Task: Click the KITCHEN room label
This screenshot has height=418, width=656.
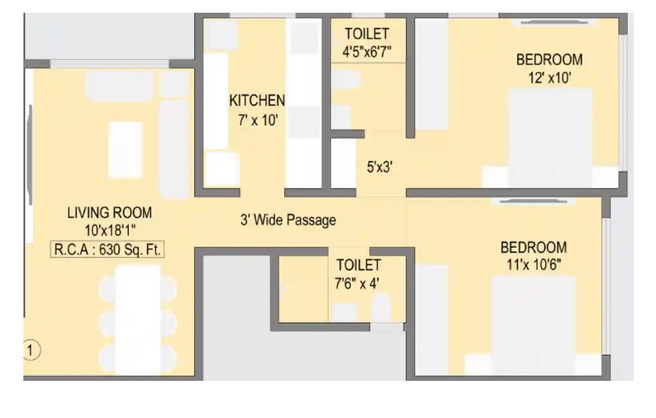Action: [257, 100]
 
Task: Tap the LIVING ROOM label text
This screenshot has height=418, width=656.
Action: [109, 213]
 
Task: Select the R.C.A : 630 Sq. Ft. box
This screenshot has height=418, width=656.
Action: [107, 250]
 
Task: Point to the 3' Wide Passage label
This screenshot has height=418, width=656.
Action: [288, 220]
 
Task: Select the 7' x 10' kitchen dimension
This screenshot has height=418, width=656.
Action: [257, 120]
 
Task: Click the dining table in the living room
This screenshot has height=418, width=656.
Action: [138, 318]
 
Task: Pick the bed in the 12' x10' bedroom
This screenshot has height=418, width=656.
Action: [550, 138]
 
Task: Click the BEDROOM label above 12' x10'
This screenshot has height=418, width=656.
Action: [549, 59]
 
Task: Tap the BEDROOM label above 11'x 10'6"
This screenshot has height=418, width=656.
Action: [533, 248]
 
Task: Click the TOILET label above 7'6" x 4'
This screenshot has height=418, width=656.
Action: [358, 265]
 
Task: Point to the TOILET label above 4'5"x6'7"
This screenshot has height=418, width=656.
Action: [367, 34]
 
